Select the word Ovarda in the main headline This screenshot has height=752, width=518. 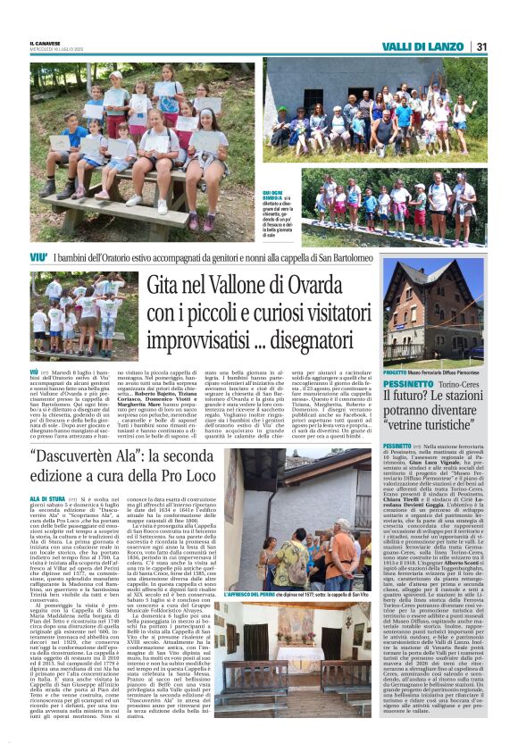pos(315,286)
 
